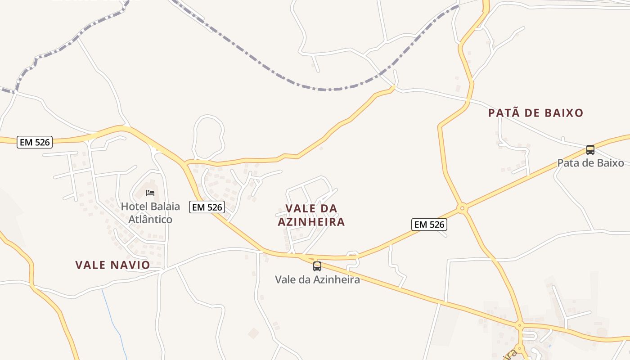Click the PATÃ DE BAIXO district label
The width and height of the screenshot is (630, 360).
coord(535,113)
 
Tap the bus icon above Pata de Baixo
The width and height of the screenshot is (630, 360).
coord(590,150)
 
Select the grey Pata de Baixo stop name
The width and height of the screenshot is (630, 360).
coord(590,163)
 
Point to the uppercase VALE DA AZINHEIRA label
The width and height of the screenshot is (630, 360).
coord(311,215)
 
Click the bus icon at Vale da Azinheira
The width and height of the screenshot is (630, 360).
coord(317,266)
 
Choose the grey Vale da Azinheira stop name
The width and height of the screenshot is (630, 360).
coord(317,279)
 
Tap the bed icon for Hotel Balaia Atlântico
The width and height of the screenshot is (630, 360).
coord(150,193)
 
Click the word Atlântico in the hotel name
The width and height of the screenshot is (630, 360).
coord(150,220)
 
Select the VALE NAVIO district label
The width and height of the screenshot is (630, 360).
coord(112,265)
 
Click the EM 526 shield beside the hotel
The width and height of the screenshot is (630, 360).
coord(207,207)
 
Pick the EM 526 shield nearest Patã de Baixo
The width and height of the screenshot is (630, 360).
coord(429,224)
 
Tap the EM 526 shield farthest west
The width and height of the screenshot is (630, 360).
coord(35,142)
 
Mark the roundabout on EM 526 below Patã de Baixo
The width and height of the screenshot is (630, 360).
coord(462,208)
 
